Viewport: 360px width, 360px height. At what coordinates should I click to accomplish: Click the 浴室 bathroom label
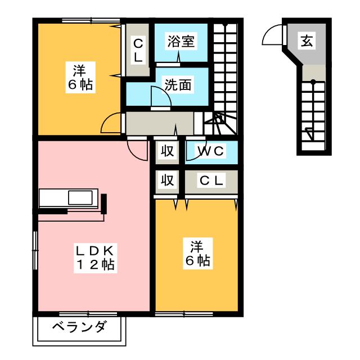pos(181,41)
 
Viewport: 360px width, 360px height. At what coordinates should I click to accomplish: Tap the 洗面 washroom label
pos(178,84)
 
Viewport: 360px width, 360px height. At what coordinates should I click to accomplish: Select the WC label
pos(210,151)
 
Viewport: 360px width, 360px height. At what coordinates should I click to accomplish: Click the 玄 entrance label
pos(306,40)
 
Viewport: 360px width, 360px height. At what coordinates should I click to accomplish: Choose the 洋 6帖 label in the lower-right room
pos(196,253)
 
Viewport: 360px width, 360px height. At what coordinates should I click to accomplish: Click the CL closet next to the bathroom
pos(137,50)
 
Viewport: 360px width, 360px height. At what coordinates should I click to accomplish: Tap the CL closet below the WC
pos(211,181)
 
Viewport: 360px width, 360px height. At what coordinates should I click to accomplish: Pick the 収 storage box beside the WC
pos(167,151)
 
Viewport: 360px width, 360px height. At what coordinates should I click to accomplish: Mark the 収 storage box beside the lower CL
pos(167,181)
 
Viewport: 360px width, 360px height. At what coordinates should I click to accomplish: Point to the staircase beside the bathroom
pos(228,73)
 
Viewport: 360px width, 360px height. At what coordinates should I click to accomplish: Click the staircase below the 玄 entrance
pos(313,115)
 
